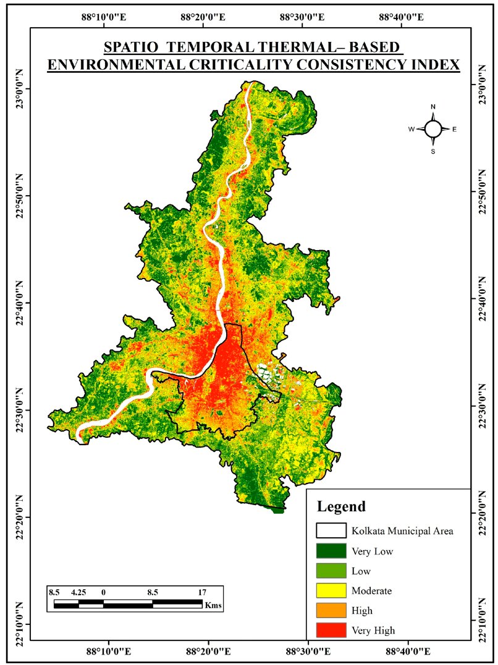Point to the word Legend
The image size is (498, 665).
341,507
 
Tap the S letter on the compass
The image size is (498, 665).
433,151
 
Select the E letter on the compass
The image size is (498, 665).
454,130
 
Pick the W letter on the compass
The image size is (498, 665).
411,130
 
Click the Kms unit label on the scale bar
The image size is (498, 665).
213,606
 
